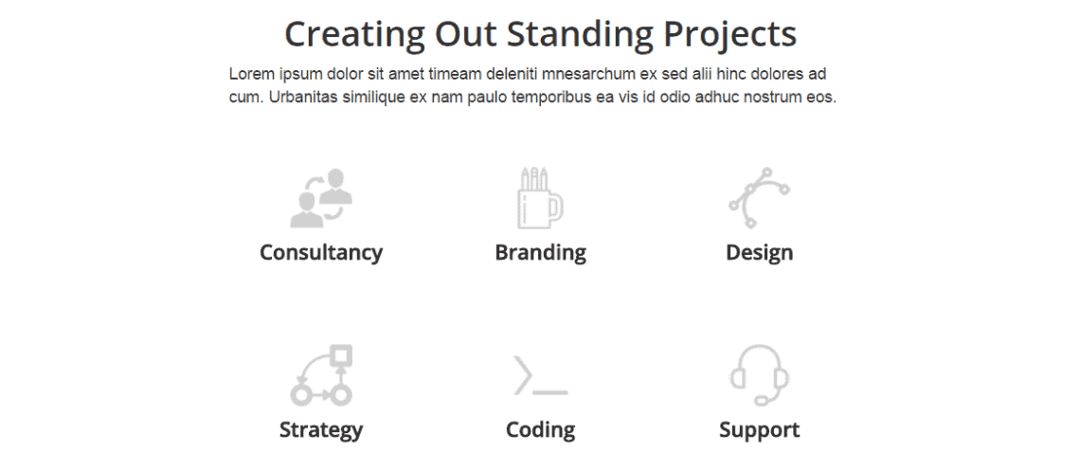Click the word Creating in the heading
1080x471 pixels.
click(x=354, y=34)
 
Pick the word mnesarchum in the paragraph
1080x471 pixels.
click(x=599, y=74)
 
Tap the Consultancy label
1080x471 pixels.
click(x=321, y=253)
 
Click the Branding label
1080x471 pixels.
click(x=541, y=253)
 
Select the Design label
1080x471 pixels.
click(x=759, y=253)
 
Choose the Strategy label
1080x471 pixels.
click(x=321, y=429)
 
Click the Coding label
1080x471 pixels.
click(x=541, y=429)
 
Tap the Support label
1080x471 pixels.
click(x=759, y=430)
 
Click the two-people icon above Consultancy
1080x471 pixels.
click(x=321, y=198)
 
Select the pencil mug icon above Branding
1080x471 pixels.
click(x=540, y=198)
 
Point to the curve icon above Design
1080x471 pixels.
click(x=759, y=198)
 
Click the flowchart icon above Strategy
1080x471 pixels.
click(x=321, y=374)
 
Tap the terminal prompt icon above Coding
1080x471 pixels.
click(x=541, y=375)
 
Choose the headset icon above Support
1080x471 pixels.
click(x=759, y=375)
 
